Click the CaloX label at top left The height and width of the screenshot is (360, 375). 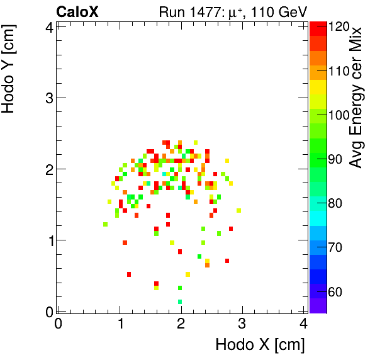point(77,11)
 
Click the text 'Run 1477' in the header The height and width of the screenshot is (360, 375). point(187,11)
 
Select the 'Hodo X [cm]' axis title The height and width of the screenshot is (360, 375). point(260,345)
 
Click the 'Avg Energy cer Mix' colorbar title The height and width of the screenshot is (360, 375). point(356,98)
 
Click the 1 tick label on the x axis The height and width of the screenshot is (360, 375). point(120,324)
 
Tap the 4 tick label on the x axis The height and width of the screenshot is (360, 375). point(303,324)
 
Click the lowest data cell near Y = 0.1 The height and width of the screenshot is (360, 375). point(181,302)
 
